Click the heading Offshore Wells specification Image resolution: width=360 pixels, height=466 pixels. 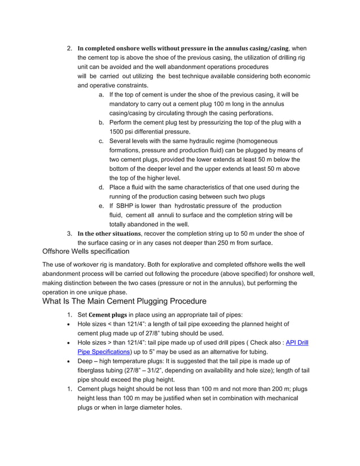pyautogui.click(x=86, y=251)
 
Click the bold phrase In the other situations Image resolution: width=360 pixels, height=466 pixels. pyautogui.click(x=109, y=234)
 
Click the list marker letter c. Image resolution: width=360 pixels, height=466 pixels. pyautogui.click(x=101, y=140)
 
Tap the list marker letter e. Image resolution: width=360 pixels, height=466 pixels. pyautogui.click(x=101, y=205)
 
